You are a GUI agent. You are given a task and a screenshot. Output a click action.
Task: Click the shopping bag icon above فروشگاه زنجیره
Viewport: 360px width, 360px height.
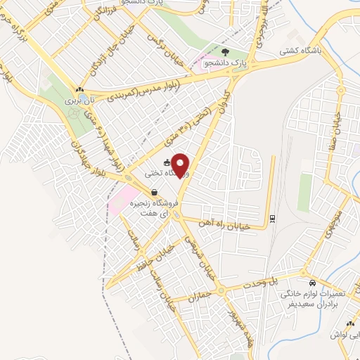pyautogui.click(x=153, y=192)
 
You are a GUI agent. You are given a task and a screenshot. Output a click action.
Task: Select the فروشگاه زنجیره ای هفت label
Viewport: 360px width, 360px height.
pyautogui.click(x=157, y=208)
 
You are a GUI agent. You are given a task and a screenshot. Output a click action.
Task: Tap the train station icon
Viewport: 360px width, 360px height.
pyautogui.click(x=272, y=217)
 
